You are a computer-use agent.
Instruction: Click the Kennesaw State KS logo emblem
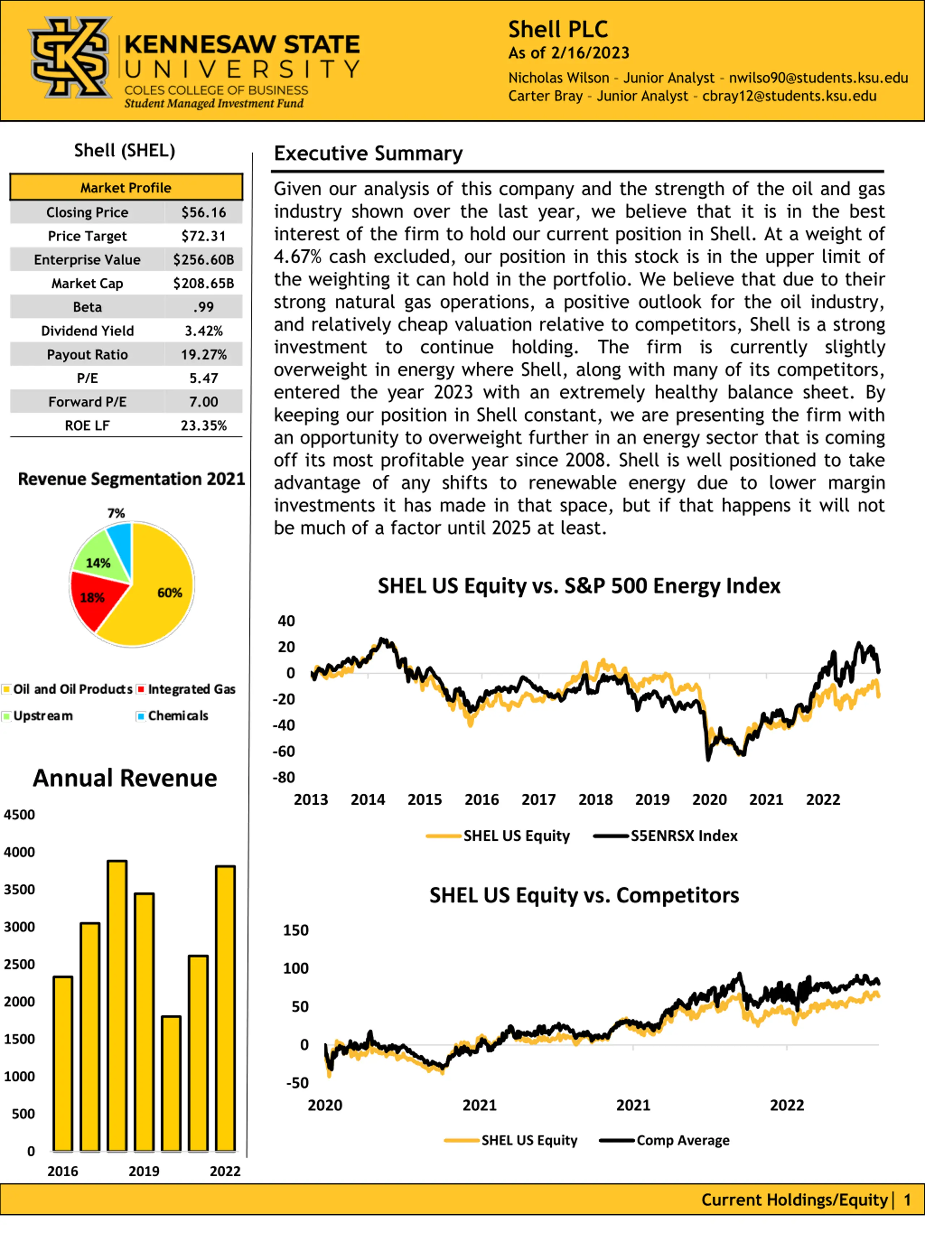(x=70, y=57)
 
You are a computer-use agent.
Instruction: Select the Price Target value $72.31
(x=203, y=236)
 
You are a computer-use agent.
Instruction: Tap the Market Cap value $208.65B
(x=203, y=284)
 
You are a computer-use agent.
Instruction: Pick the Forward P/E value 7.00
(x=203, y=402)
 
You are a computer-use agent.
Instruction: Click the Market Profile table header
(x=126, y=187)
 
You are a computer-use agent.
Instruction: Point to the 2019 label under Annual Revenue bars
(x=144, y=1171)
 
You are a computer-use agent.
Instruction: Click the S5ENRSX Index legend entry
(x=666, y=836)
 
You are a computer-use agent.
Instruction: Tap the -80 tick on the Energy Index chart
(x=283, y=777)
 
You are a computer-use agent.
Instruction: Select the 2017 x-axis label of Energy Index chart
(x=539, y=800)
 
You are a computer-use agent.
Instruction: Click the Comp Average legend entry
(x=664, y=1141)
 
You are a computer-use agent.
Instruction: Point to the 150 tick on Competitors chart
(x=296, y=930)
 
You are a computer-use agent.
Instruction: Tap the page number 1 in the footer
(x=907, y=1199)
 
